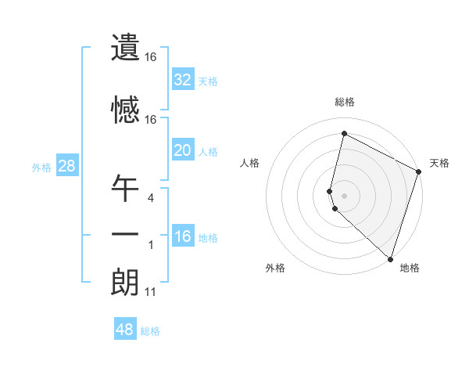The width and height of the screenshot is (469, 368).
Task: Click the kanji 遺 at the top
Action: [125, 48]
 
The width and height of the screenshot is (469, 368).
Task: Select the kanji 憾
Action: [125, 109]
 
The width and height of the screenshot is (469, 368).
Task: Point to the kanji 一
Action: [125, 236]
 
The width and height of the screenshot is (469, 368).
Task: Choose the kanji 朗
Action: [125, 283]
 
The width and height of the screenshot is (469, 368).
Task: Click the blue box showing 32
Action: [182, 80]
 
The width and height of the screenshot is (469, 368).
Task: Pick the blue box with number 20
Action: [182, 150]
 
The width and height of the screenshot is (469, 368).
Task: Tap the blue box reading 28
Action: [66, 166]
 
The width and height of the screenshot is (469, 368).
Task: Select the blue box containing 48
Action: [125, 330]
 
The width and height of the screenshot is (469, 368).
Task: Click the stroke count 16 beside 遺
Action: [150, 57]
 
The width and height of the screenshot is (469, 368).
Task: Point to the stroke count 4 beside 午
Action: [150, 198]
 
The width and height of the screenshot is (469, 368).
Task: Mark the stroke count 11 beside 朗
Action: [150, 292]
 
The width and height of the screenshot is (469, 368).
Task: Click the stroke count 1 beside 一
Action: [150, 245]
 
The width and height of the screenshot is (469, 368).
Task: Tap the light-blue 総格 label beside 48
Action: [150, 331]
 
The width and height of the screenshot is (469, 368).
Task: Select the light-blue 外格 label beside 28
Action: [41, 167]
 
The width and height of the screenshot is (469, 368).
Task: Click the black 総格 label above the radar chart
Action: [345, 102]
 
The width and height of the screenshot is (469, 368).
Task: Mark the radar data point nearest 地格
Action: [391, 259]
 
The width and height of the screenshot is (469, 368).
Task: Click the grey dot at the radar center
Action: [345, 195]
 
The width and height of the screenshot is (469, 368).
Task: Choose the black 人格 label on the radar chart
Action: [250, 163]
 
